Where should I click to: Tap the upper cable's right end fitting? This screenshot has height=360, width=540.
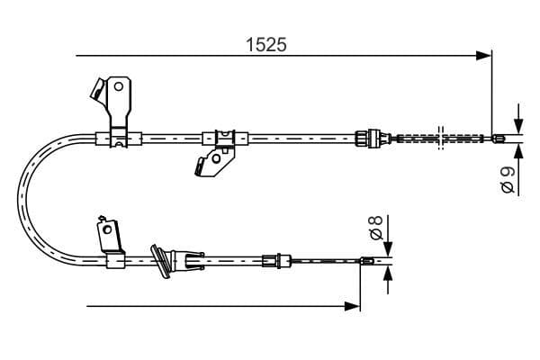[x=500, y=138]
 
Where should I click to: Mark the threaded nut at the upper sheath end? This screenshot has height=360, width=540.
[x=365, y=138]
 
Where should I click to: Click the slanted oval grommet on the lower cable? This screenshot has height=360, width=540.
[x=160, y=260]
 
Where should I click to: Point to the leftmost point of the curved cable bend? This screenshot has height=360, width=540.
[x=21, y=201]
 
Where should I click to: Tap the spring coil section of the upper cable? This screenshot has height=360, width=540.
[x=409, y=138]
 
